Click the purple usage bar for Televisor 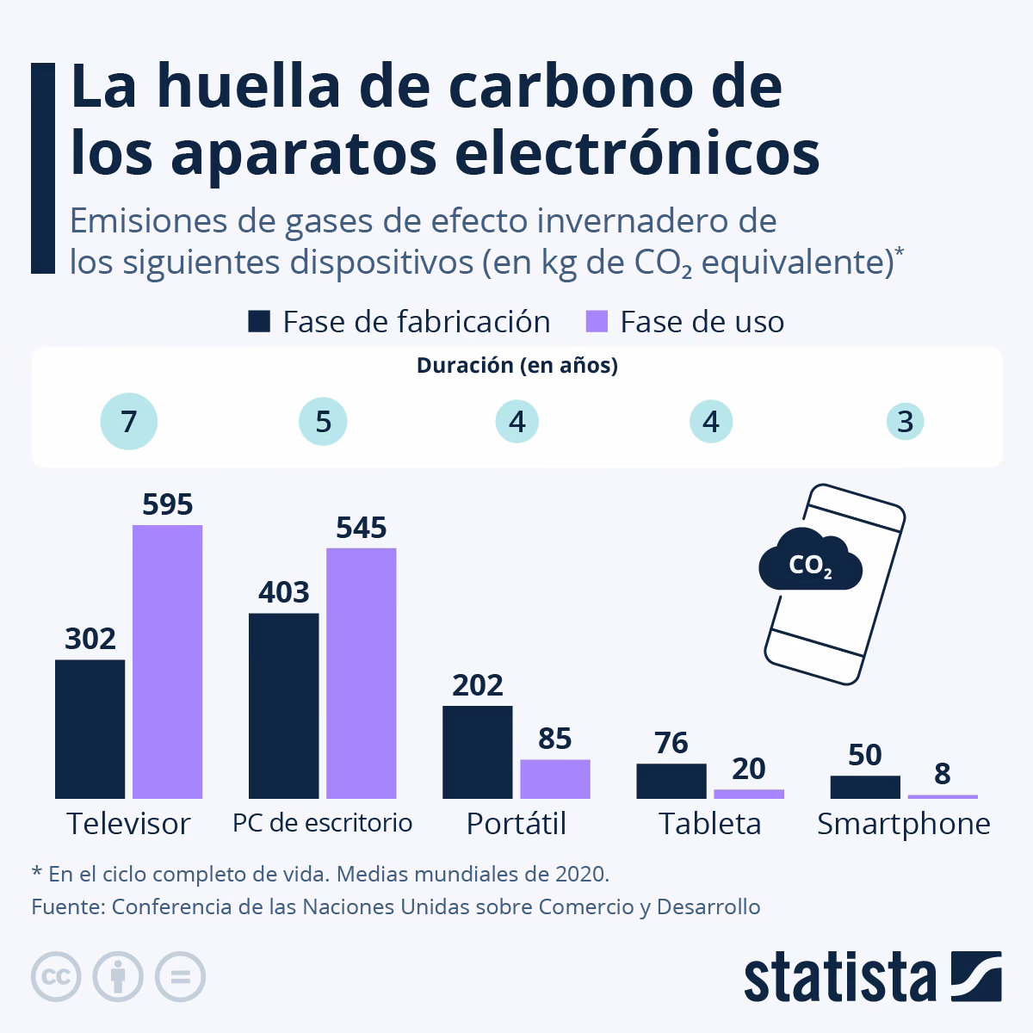[167, 661]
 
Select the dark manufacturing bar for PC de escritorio [283, 706]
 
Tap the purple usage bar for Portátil [555, 778]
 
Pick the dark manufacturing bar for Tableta [671, 781]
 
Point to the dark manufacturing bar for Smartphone [865, 787]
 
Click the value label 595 [167, 504]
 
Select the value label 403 [283, 592]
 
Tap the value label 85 [555, 739]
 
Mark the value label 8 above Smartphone [943, 774]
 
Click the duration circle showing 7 [128, 422]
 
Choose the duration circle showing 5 [323, 422]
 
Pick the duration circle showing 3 [905, 423]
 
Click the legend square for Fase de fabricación [259, 322]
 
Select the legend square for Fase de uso [597, 322]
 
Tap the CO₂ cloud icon [810, 564]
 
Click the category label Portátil [516, 824]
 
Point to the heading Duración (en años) [516, 366]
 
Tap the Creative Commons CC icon [56, 977]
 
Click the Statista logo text [840, 978]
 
